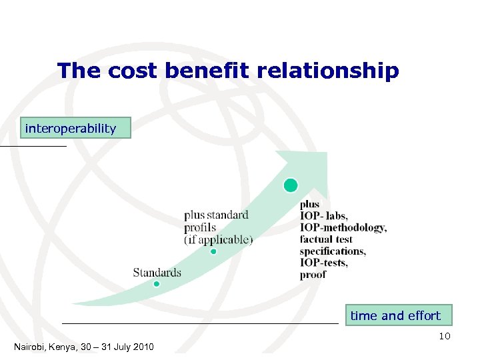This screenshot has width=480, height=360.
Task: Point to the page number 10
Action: click(445, 336)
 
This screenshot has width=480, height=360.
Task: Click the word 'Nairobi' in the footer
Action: click(32, 347)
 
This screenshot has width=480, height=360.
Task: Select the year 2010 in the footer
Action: click(143, 347)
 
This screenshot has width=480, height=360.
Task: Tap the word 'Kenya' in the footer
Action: click(69, 347)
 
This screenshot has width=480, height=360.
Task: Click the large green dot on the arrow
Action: click(291, 185)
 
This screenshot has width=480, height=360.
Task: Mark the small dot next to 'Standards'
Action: click(157, 283)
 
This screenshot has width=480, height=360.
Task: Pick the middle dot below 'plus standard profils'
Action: click(213, 251)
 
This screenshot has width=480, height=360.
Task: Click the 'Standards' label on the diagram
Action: click(157, 272)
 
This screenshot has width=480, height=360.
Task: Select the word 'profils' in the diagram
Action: click(200, 227)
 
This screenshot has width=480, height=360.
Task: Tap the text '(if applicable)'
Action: click(219, 239)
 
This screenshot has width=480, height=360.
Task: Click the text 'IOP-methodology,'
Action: click(343, 228)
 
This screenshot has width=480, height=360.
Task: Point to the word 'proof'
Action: click(313, 275)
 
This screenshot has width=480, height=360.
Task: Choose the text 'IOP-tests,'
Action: click(323, 263)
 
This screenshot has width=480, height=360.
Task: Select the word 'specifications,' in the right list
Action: click(332, 251)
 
